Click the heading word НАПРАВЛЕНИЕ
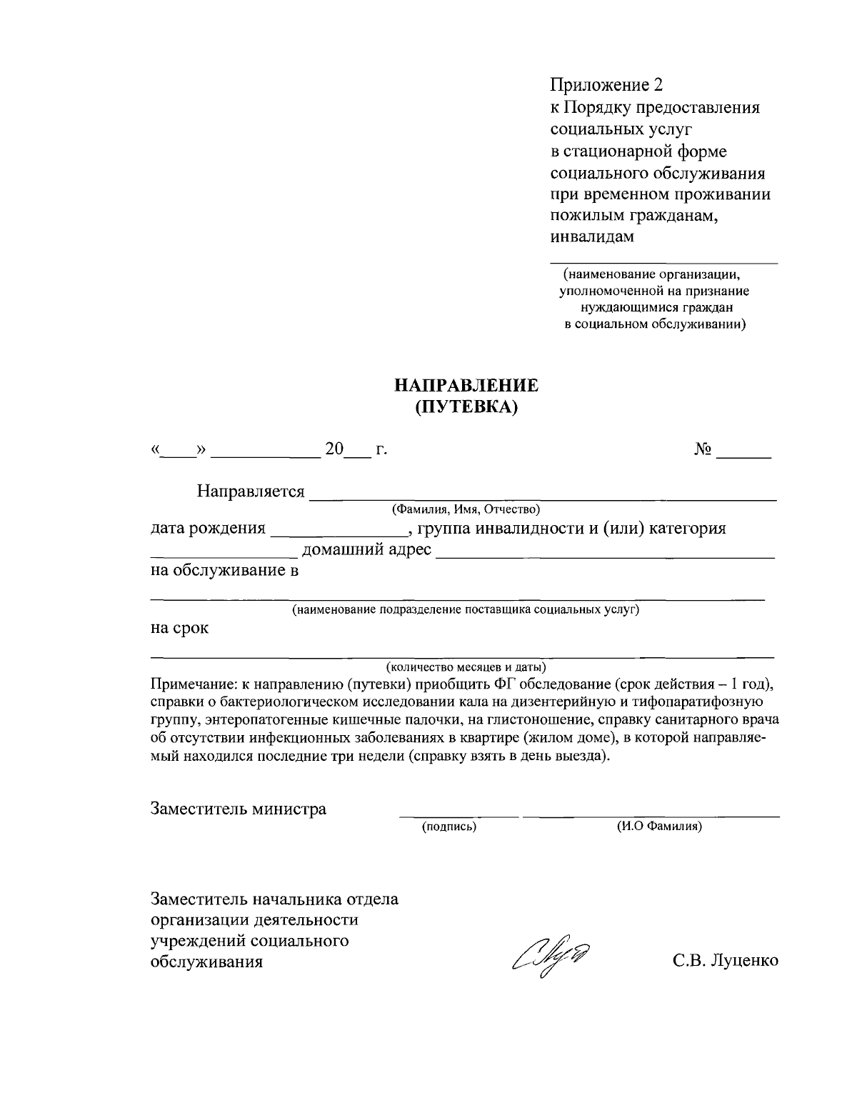coord(466,386)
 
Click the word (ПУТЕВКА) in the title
coord(466,407)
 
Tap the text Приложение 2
coord(606,86)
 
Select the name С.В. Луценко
coord(725,961)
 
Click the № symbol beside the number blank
coord(703,449)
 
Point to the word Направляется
coord(251,492)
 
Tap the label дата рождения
coord(207,529)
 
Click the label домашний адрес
coord(368,549)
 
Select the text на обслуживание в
coord(224,571)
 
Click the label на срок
coord(179,629)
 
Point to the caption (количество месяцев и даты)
coord(466,667)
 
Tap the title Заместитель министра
coord(238,809)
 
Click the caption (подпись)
coord(449,827)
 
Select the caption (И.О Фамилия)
coord(659,827)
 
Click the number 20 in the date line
coord(334,449)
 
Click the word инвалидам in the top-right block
coord(592,236)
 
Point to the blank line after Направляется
coord(543,496)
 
